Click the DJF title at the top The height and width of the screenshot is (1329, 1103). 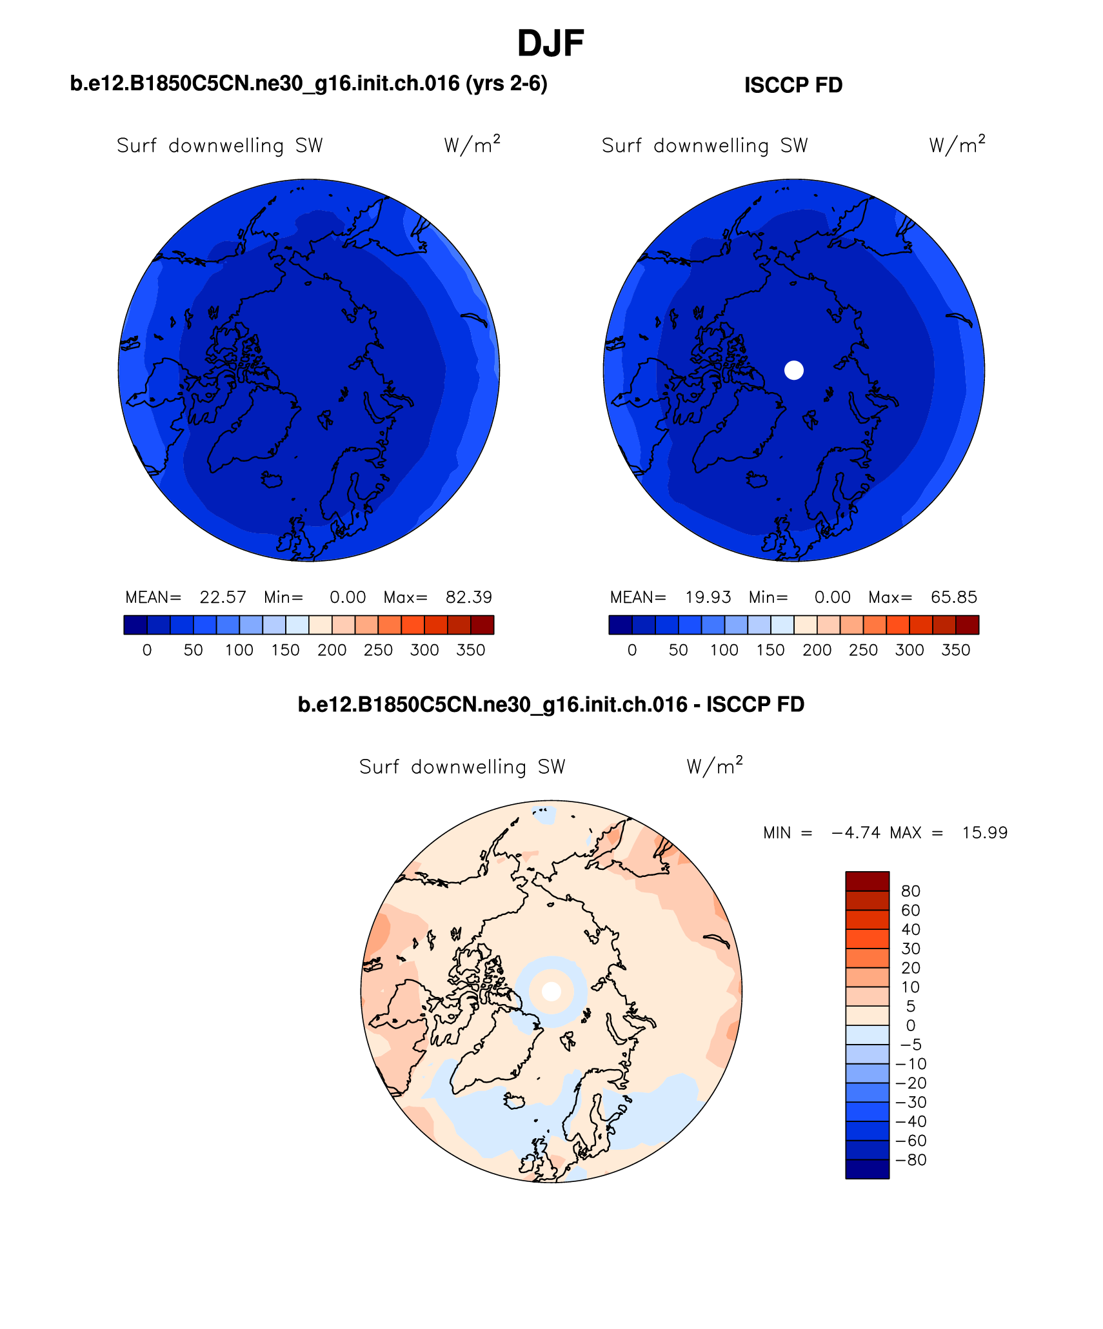coord(550,44)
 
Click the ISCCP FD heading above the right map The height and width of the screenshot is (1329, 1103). coord(793,85)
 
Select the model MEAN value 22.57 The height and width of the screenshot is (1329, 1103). coord(223,597)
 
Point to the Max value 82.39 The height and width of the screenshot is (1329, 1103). coord(468,597)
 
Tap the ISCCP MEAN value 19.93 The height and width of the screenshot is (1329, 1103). coord(708,597)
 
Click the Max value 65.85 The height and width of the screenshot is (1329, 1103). coord(953,597)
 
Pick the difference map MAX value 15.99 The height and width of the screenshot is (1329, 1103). coord(984,832)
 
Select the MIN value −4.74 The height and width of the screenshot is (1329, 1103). coord(856,832)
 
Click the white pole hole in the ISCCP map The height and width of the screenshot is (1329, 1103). coord(793,370)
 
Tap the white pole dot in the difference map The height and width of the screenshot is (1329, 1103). coord(551,992)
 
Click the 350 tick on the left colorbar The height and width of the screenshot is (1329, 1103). coord(470,650)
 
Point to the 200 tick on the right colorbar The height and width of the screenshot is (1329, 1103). coord(817,650)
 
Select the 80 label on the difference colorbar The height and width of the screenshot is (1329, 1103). coord(910,891)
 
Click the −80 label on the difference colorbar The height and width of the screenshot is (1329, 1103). coord(911,1159)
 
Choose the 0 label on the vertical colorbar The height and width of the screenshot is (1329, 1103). coord(910,1025)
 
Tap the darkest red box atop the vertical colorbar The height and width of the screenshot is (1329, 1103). coord(867,881)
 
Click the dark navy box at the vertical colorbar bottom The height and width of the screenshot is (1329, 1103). coord(867,1169)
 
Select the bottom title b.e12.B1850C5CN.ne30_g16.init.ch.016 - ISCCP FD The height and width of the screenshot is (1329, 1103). coord(551,704)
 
